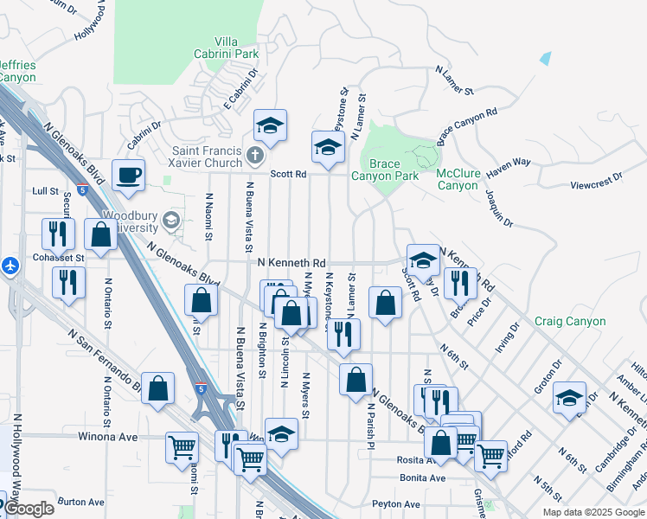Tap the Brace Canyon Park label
click(x=385, y=169)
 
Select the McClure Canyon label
click(x=458, y=179)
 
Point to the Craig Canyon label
click(x=570, y=321)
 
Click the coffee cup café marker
click(x=129, y=176)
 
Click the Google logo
click(x=28, y=509)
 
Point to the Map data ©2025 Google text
click(x=594, y=512)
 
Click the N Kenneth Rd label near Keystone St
click(x=291, y=262)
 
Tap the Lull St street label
click(x=45, y=190)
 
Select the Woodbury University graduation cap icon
click(x=172, y=221)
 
